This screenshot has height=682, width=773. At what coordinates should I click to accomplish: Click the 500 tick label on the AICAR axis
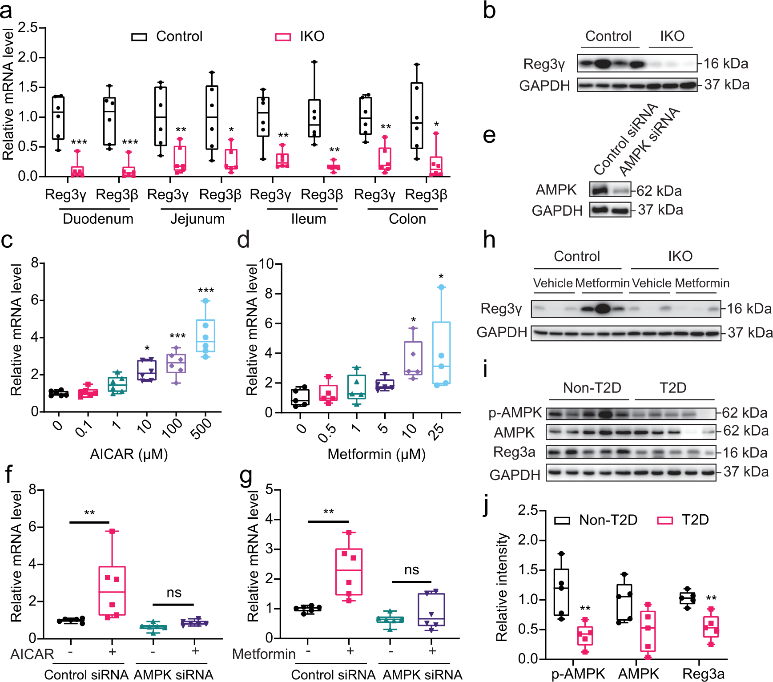pos(201,428)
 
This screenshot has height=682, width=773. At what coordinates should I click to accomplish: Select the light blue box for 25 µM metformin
pos(441,353)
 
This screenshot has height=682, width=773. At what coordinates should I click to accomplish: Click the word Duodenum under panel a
pos(98,219)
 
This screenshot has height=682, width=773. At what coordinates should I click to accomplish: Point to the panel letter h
pos(489,240)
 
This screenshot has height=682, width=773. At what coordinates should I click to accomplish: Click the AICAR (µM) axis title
pos(129,454)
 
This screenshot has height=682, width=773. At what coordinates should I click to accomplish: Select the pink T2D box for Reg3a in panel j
pos(711,627)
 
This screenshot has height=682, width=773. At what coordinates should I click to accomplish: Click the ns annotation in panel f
pos(174,593)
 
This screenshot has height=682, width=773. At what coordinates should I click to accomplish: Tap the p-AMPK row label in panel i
pos(515,413)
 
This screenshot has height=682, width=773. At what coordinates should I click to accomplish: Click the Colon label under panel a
pos(407,219)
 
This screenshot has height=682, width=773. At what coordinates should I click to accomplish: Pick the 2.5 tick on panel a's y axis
pos(28,28)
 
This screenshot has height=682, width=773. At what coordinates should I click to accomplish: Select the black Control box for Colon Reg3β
pos(417,115)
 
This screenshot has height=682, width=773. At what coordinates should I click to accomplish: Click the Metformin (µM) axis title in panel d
pos(376,454)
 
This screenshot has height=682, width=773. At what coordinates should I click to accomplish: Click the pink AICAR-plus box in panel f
pos(112,590)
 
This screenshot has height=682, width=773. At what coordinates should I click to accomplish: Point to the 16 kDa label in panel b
pos(725,64)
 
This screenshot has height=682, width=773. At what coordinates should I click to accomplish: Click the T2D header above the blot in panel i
pos(672,388)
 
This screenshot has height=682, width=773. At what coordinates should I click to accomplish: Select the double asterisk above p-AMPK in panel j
pos(585,609)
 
